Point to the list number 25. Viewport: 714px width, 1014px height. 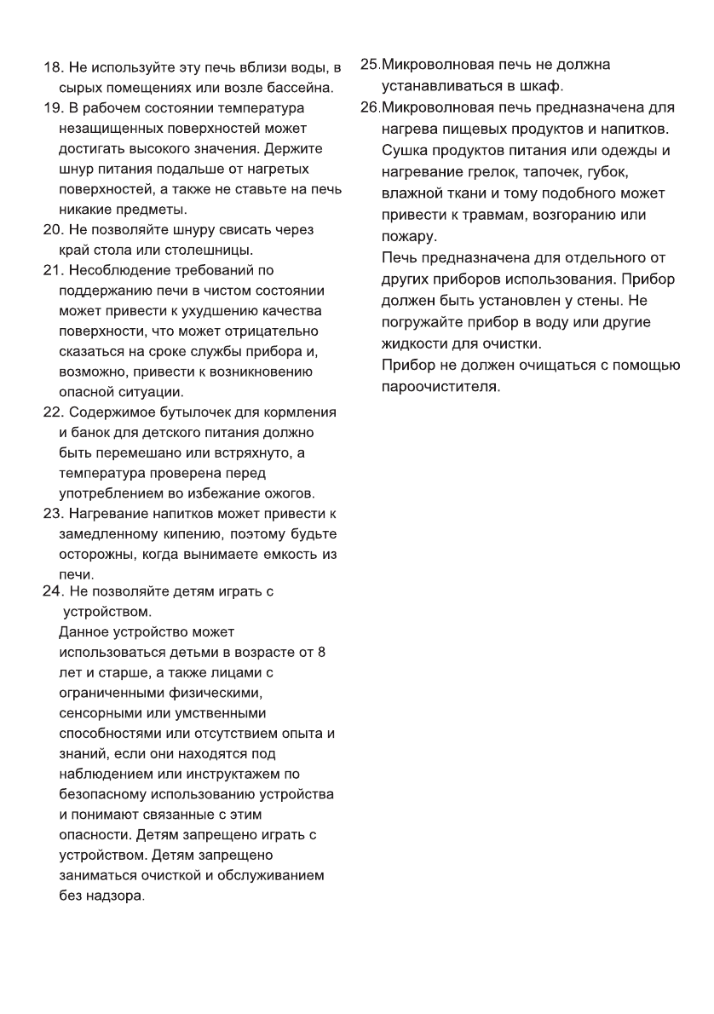click(370, 65)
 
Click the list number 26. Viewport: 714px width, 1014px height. click(370, 108)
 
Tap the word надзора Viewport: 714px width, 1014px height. click(116, 896)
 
